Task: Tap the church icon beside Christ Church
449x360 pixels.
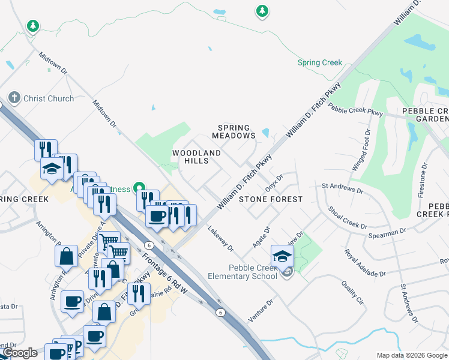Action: coord(14,98)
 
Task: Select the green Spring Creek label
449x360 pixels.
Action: coord(320,62)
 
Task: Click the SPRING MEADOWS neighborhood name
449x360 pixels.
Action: coord(237,131)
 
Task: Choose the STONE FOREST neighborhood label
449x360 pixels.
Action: coord(270,199)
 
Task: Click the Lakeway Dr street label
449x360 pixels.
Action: coord(220,237)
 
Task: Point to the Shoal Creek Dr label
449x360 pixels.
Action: coord(348,217)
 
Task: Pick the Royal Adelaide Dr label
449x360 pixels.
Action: coord(364,263)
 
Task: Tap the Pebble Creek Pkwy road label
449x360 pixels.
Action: coord(356,110)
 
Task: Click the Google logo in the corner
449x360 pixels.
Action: coord(20,353)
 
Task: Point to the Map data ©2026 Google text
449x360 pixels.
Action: coord(411,355)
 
